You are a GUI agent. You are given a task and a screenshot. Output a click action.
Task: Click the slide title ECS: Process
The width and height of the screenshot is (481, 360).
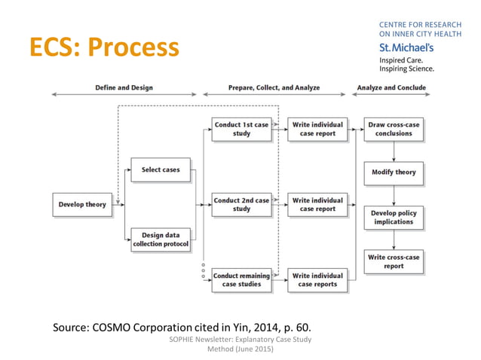click(x=104, y=47)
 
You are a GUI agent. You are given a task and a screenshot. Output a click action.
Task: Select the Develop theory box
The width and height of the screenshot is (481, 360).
click(x=83, y=205)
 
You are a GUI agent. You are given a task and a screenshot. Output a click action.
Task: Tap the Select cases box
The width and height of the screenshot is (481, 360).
click(x=161, y=170)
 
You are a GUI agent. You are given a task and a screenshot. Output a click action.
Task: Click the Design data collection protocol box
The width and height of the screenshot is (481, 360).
click(x=161, y=239)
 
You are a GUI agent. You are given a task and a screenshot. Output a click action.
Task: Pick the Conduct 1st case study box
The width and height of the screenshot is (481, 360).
click(x=241, y=130)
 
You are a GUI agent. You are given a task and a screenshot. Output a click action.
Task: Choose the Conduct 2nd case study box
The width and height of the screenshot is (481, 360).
click(x=241, y=205)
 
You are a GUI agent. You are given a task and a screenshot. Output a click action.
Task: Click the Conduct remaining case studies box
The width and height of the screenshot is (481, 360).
click(x=241, y=280)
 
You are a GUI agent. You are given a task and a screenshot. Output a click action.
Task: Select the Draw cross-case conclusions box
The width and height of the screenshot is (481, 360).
click(x=394, y=130)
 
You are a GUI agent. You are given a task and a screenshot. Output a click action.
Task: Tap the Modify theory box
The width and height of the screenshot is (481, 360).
click(x=394, y=172)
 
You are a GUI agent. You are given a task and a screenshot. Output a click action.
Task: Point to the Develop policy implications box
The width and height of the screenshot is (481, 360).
click(x=394, y=218)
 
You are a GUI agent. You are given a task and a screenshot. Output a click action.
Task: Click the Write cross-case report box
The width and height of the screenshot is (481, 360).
click(x=394, y=261)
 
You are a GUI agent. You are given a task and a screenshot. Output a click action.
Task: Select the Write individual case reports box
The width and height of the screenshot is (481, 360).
click(x=317, y=280)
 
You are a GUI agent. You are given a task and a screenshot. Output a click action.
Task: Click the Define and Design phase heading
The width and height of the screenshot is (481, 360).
click(x=124, y=88)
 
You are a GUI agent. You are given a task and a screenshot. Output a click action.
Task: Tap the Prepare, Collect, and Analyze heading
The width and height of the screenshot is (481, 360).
click(x=274, y=88)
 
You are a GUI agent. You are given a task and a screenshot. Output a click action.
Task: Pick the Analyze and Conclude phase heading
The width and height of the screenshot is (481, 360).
click(x=391, y=88)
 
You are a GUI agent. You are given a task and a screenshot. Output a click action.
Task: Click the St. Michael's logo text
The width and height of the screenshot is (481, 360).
click(x=406, y=47)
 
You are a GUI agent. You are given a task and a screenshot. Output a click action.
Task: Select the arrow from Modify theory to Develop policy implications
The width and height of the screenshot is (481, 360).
click(x=394, y=195)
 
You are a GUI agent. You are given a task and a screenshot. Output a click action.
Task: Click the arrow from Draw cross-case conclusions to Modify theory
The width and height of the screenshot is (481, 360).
click(x=394, y=151)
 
